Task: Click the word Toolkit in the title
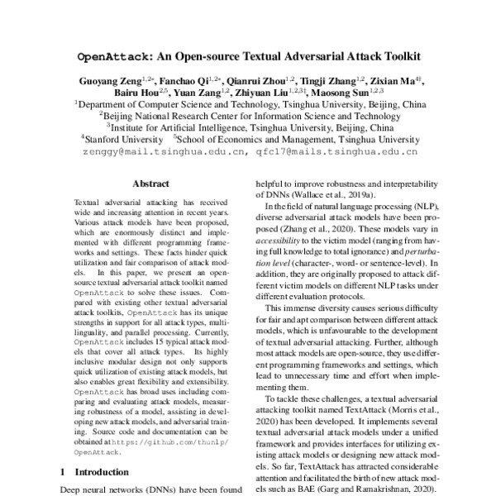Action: pos(393,60)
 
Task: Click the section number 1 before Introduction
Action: pos(64,472)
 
